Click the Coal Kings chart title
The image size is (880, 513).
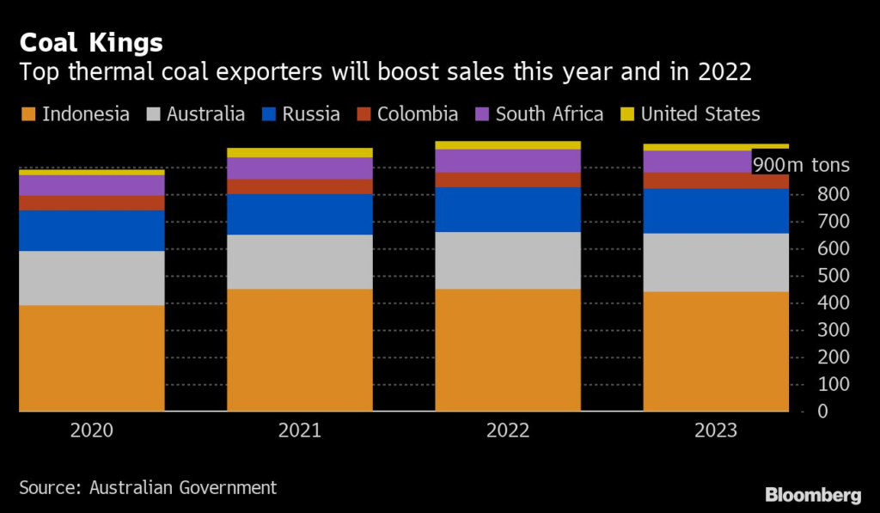[91, 42]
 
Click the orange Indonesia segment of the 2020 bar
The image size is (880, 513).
[92, 357]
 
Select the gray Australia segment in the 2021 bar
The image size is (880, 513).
[300, 261]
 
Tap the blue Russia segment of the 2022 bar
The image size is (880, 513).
[508, 209]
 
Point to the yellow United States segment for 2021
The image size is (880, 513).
[300, 153]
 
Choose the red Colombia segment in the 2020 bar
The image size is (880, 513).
[92, 203]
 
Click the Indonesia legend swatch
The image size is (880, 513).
[27, 114]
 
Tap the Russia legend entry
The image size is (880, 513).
[302, 114]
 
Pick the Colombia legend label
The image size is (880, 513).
[417, 114]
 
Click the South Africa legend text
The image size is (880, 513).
[549, 114]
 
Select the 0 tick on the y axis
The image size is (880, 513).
[824, 412]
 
